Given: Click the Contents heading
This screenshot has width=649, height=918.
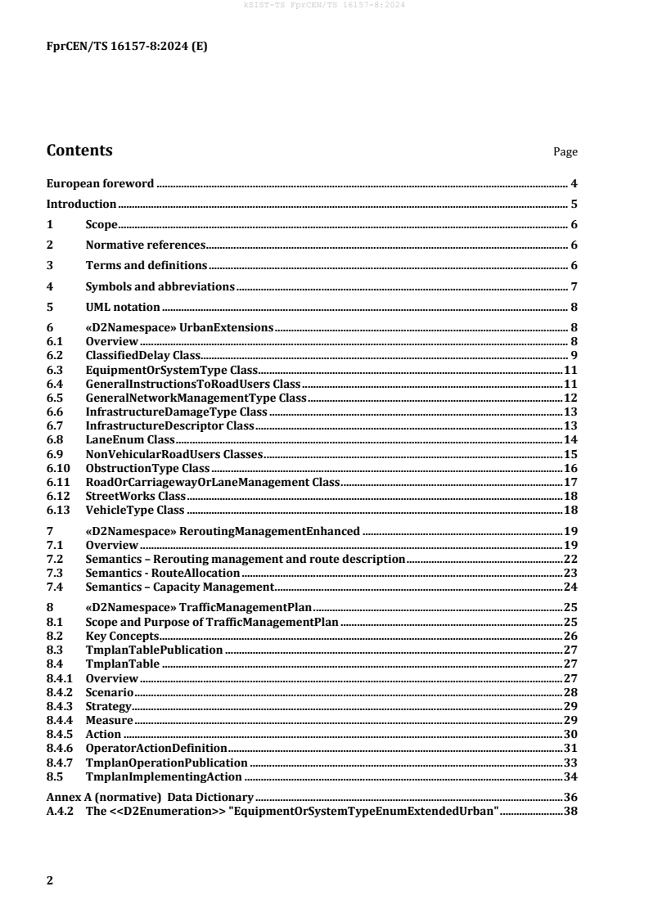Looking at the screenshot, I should tap(79, 151).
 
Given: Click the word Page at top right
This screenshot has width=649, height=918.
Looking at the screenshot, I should tap(566, 152).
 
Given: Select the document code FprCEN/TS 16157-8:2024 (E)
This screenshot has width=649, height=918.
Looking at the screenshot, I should tap(127, 47).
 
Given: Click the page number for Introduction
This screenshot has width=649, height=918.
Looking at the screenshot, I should tap(575, 204).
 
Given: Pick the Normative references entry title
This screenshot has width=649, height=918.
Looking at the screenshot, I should tap(145, 245).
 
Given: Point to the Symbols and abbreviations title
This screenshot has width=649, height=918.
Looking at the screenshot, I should tap(160, 286).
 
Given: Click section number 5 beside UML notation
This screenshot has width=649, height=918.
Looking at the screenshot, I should tap(50, 307).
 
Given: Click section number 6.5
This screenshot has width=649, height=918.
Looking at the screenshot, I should tap(55, 398).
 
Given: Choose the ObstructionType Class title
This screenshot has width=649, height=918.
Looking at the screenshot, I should tap(148, 468).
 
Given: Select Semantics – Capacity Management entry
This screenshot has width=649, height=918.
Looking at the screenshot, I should tap(179, 587).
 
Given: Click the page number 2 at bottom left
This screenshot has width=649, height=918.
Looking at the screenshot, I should tap(50, 880).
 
